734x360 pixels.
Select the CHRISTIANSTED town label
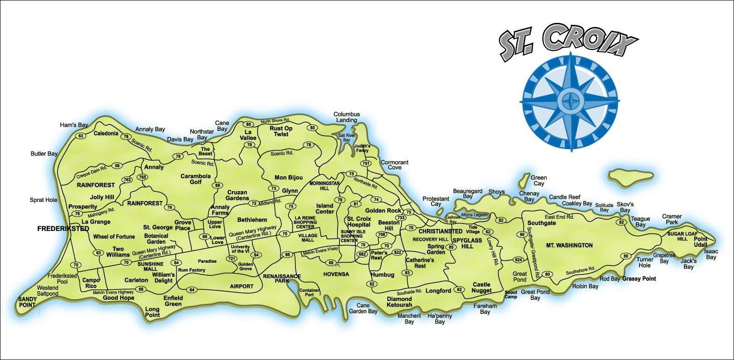pyautogui.click(x=440, y=231)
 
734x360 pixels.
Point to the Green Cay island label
pyautogui.click(x=539, y=180)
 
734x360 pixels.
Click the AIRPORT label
pyautogui.click(x=242, y=286)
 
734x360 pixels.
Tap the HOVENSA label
pyautogui.click(x=336, y=274)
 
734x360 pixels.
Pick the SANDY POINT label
pyautogui.click(x=27, y=302)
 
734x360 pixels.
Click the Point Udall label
pyautogui.click(x=700, y=242)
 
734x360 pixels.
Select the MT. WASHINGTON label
pyautogui.click(x=569, y=245)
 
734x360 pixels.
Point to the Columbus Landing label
pyautogui.click(x=346, y=117)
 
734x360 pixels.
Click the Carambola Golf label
pyautogui.click(x=195, y=179)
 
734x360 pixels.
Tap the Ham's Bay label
pyautogui.click(x=74, y=125)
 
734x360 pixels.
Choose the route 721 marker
pyautogui.click(x=231, y=259)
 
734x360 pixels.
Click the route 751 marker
pyautogui.click(x=366, y=163)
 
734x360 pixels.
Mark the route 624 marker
pyautogui.click(x=518, y=259)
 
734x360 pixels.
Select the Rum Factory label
pyautogui.click(x=192, y=270)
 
